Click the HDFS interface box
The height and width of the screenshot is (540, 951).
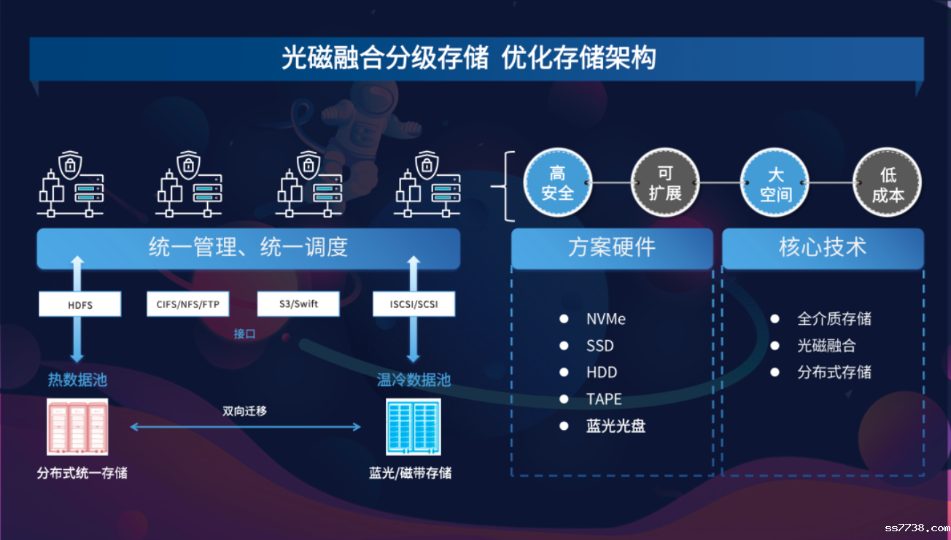[80, 304]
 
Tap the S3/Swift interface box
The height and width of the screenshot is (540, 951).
[298, 304]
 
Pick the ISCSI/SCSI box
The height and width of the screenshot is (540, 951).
[414, 304]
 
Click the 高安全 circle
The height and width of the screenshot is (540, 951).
[557, 183]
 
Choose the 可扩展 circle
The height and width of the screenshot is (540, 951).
[664, 183]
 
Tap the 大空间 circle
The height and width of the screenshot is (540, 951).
[775, 183]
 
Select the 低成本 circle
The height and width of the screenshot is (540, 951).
[888, 183]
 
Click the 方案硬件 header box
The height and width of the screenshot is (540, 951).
[612, 248]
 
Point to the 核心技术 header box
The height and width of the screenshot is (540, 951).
[823, 248]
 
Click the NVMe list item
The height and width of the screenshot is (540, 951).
[605, 319]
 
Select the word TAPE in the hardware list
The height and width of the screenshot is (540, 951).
[604, 399]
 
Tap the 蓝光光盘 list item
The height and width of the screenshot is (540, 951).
[616, 426]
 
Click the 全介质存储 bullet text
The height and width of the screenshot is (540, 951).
[834, 319]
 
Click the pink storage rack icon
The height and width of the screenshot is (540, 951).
[77, 427]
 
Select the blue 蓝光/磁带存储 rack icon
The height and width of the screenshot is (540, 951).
[413, 427]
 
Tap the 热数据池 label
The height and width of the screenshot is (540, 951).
[77, 380]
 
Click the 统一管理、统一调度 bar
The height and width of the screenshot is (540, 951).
[248, 248]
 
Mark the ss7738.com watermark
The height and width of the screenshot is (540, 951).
[916, 528]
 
